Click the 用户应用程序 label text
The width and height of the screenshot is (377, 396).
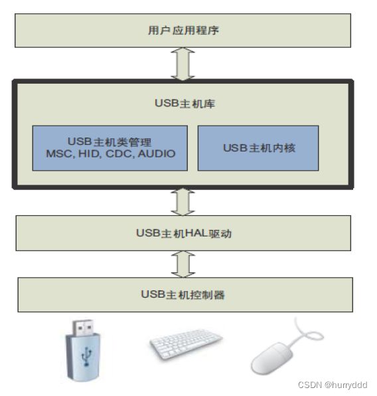click(183, 31)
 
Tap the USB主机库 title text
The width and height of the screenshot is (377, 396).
click(185, 103)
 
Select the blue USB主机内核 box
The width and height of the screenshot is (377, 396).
click(258, 148)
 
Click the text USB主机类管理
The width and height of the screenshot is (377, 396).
click(110, 142)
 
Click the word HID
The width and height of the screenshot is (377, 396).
click(90, 153)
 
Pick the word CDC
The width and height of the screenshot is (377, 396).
click(119, 153)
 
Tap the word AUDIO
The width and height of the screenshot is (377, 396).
click(157, 153)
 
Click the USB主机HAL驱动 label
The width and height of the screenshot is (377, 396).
click(184, 233)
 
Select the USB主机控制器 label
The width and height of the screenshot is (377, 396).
click(183, 294)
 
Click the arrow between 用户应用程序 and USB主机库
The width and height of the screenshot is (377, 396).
click(183, 64)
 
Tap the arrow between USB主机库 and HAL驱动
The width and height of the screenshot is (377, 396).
click(183, 202)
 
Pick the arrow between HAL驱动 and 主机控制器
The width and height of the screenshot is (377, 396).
click(183, 264)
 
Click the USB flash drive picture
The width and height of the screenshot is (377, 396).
click(83, 351)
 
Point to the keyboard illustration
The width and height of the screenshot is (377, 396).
click(186, 344)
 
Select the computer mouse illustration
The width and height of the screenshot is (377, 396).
click(287, 347)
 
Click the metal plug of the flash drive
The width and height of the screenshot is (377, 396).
click(83, 328)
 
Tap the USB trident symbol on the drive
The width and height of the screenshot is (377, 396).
click(86, 357)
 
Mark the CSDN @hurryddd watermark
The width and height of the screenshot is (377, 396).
click(333, 385)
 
